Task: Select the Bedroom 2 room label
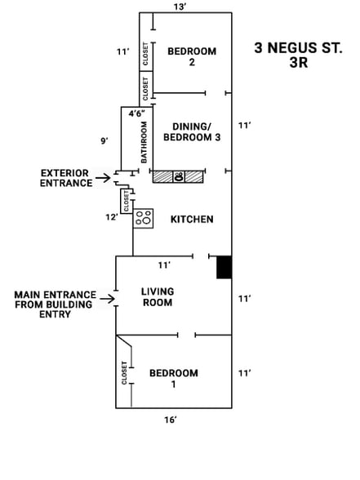coord(192,56)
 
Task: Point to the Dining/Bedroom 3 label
coord(192,132)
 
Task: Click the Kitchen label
coord(192,219)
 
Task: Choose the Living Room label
coord(157,296)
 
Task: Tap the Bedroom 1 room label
coord(173,379)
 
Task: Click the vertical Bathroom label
coord(144,142)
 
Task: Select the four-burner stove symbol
coord(144,218)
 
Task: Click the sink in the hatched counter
coord(179,176)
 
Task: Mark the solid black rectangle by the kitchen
coord(224,267)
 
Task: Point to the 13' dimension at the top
coord(180,7)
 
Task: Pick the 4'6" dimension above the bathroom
coord(138,113)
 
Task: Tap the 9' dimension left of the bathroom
coord(104,141)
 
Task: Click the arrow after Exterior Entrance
coord(102,177)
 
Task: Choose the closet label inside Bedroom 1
coord(124,372)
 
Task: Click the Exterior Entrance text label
coord(66,178)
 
